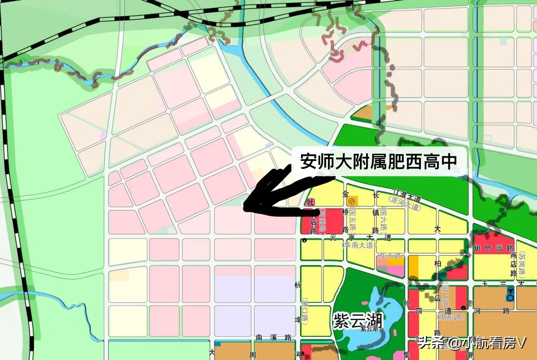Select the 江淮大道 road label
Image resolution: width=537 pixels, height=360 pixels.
coord(408,195)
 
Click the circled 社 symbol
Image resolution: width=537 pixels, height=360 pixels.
coord(309,202)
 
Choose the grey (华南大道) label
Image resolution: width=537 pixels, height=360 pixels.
coord(360,245)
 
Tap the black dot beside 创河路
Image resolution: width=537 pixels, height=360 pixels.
coord(463,307)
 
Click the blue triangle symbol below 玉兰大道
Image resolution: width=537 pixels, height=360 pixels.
coord(510,292)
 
